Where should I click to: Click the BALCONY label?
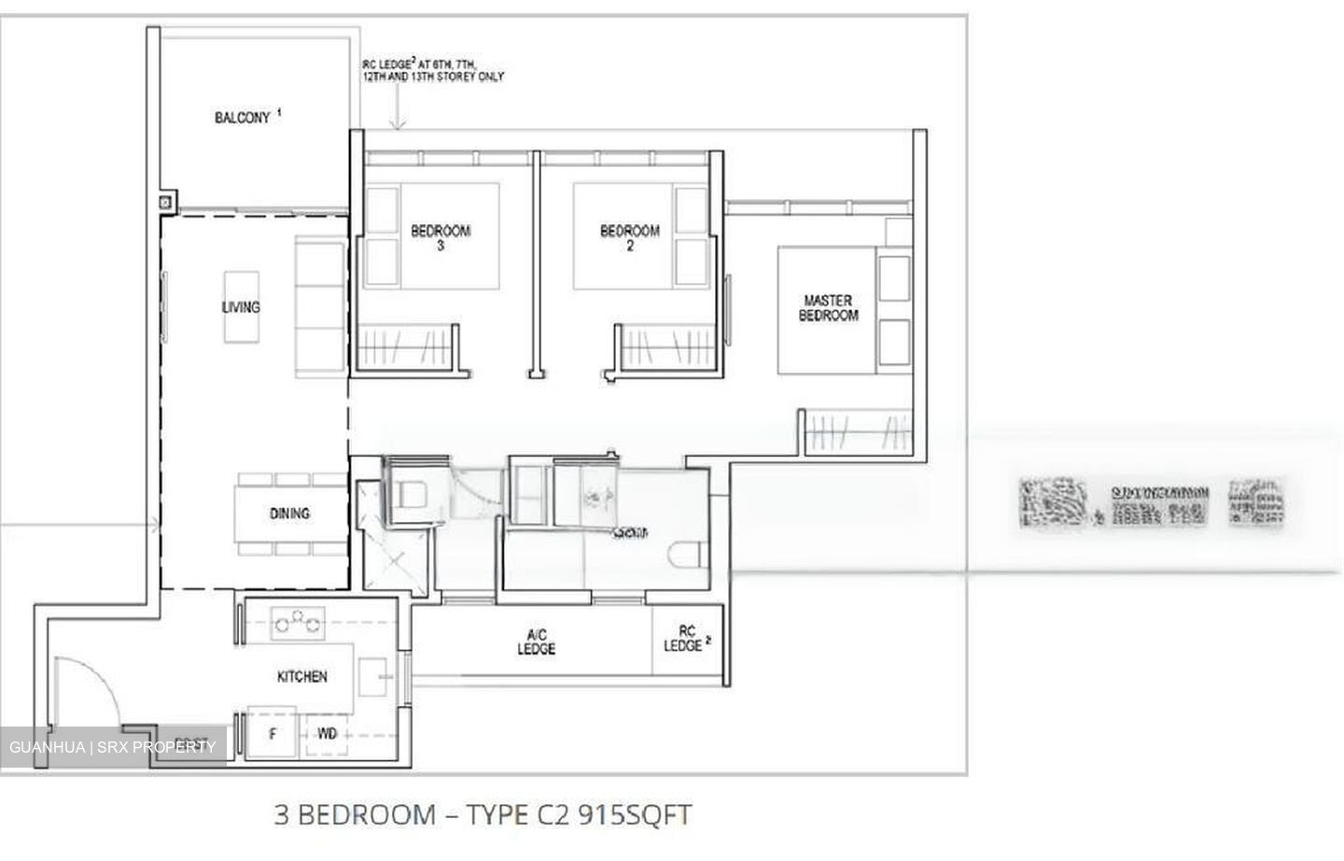pos(243,118)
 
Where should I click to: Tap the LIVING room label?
pos(241,307)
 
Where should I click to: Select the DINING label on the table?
pos(289,514)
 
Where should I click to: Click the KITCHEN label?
pos(301,676)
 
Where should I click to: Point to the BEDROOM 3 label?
pos(441,238)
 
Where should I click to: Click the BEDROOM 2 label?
pos(629,238)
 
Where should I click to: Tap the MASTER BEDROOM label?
pos(828,308)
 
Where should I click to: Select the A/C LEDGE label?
pos(536,642)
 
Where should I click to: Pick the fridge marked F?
pos(273,734)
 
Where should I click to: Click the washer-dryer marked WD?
pos(327,734)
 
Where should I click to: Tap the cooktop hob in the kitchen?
pos(296,621)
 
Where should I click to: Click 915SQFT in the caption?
pos(635,814)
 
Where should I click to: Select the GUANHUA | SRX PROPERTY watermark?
pos(112,747)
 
